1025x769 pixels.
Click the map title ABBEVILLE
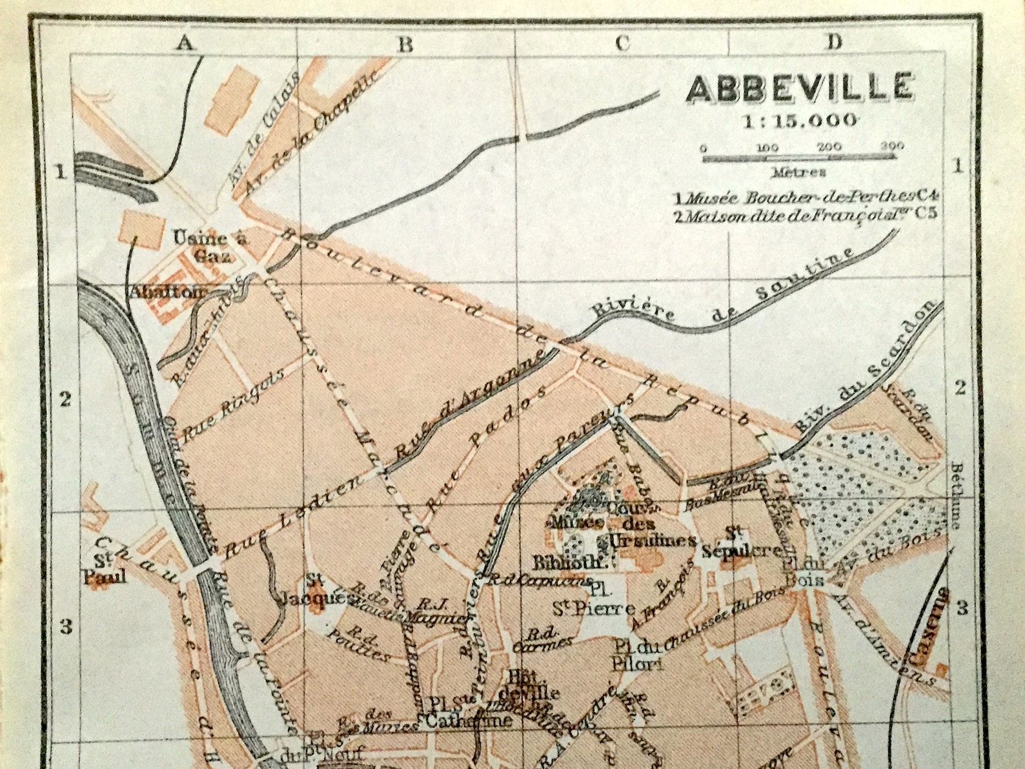point(800,88)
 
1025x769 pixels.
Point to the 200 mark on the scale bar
point(829,148)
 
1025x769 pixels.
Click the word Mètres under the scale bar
point(798,172)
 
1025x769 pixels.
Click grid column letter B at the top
point(405,44)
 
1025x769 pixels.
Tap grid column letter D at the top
point(835,43)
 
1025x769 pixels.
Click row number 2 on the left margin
point(65,399)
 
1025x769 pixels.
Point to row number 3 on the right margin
point(962,608)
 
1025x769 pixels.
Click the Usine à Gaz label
point(210,246)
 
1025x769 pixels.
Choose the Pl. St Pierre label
point(593,600)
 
